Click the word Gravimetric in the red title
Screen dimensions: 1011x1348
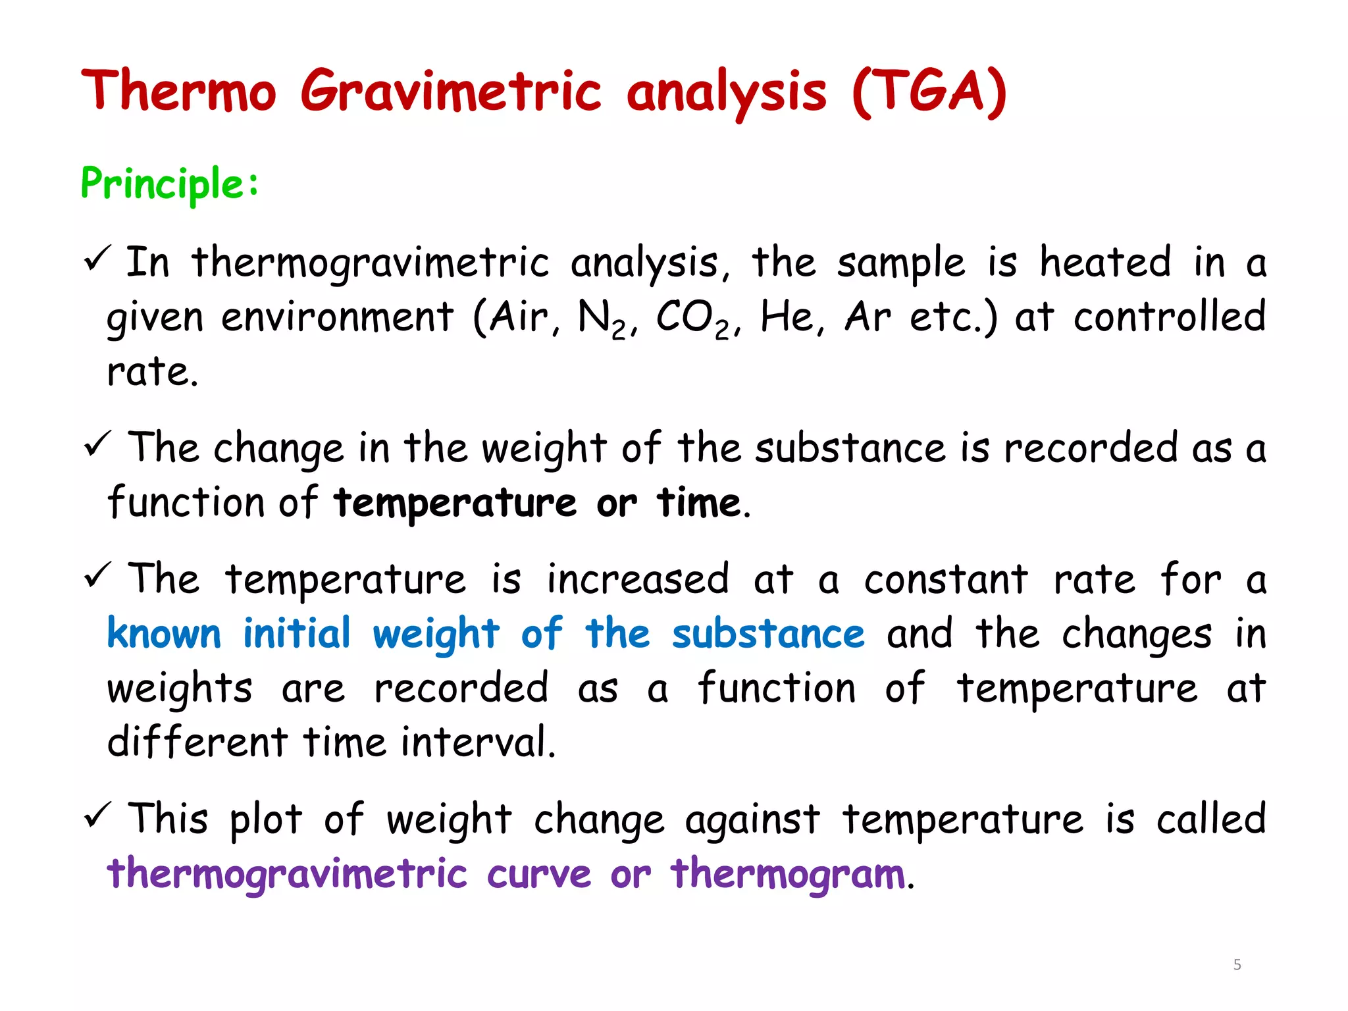(451, 91)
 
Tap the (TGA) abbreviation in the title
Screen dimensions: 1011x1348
(929, 92)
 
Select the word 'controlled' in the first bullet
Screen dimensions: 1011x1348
(1170, 317)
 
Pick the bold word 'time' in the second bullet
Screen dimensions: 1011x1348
(699, 504)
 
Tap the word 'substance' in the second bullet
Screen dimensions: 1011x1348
(850, 449)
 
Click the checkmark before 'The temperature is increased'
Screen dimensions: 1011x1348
(99, 575)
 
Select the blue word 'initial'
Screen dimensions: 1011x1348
(297, 634)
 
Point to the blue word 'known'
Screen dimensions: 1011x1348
(164, 634)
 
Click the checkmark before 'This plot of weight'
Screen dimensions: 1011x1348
(99, 816)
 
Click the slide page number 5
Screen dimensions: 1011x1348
(1237, 965)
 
